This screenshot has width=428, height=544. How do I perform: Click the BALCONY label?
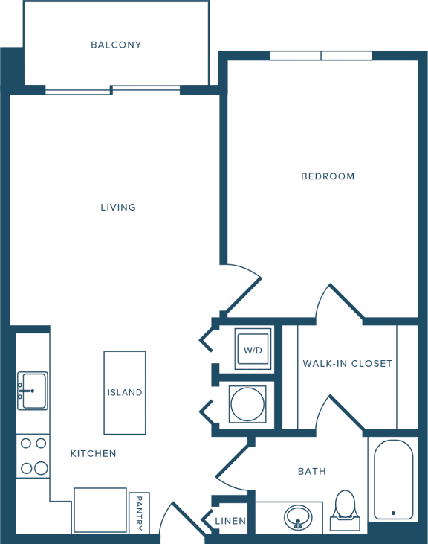(116, 45)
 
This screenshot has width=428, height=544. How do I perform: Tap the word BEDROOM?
(328, 176)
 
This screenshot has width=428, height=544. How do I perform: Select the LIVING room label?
(118, 207)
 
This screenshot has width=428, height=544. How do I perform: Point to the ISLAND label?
(125, 392)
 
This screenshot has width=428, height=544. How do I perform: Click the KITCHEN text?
(93, 453)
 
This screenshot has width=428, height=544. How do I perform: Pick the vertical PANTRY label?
(139, 513)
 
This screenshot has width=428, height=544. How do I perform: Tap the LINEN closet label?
(230, 521)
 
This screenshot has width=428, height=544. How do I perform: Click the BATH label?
(312, 471)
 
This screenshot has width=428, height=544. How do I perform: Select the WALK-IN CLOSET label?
(348, 364)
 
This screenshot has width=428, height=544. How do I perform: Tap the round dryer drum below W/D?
(247, 404)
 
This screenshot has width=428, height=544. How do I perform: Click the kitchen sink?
(33, 391)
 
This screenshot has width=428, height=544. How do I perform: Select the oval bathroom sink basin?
(298, 517)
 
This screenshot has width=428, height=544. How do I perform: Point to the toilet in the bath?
(346, 510)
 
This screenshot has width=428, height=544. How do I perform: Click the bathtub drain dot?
(393, 513)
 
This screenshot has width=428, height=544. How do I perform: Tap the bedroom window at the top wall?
(321, 56)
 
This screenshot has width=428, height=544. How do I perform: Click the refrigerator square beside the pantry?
(100, 510)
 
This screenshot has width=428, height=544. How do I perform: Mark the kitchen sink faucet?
(26, 391)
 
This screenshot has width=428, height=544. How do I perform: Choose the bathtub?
(393, 479)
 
